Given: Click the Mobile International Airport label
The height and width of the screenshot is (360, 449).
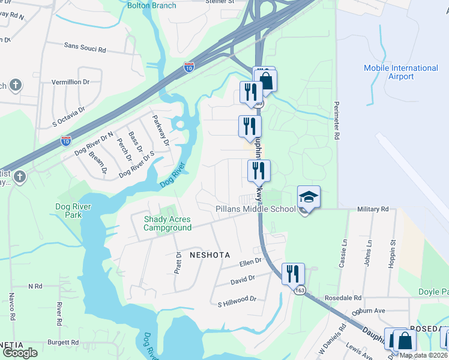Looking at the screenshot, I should pos(400,72).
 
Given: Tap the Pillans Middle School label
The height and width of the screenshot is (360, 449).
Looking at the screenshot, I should pos(256,209).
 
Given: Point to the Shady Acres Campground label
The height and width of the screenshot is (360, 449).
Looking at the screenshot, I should pos(167,223).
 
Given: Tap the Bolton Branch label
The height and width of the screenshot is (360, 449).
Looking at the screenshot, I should pos(152,5).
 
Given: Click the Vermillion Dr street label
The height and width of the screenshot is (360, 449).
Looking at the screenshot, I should pos(70,81).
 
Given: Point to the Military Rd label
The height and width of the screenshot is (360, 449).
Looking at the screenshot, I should pos(372,209).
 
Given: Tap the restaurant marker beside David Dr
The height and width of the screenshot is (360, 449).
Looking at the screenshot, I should pos(293,274).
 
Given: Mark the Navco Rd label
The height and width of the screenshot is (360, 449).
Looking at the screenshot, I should pos(11,305).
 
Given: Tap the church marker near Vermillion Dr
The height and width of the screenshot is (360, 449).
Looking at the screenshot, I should pos(16,85).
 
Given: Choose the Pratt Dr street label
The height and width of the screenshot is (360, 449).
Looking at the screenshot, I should pos(178,262).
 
